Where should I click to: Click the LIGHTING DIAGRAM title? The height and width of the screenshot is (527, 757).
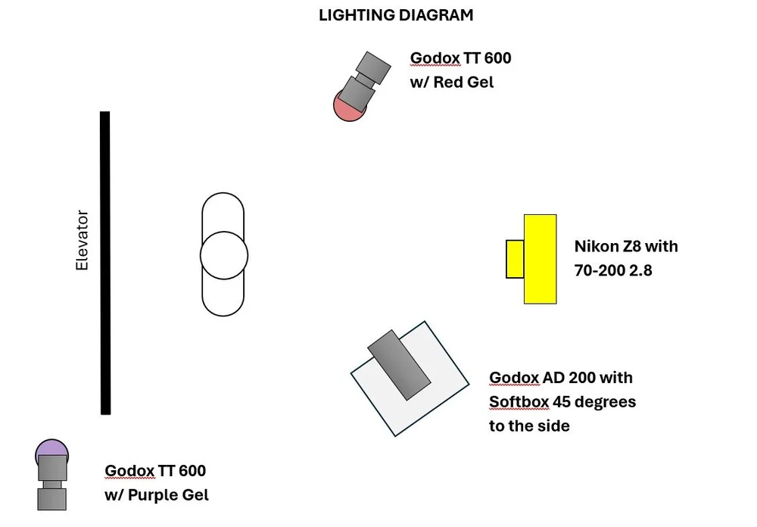[397, 15]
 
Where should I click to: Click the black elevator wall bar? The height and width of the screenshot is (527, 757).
[105, 263]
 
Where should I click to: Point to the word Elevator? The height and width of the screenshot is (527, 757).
[83, 241]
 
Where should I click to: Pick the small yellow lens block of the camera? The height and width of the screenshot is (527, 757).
[515, 258]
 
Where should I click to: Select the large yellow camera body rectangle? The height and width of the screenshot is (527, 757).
[540, 259]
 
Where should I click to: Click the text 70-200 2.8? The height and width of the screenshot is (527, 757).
[612, 269]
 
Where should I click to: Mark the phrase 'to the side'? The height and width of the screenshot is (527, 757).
[529, 426]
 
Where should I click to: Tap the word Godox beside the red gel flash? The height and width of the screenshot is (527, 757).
[435, 58]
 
